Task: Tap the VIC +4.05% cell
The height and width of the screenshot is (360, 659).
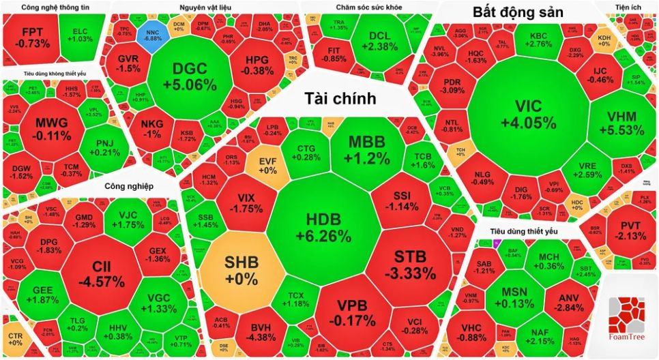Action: coord(528,114)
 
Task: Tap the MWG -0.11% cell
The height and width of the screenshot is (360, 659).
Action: coord(53,128)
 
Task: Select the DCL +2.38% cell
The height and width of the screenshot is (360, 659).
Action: coord(382,41)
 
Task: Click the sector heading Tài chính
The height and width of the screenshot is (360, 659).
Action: coord(340,99)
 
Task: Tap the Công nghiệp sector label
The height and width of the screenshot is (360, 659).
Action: coord(129,186)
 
